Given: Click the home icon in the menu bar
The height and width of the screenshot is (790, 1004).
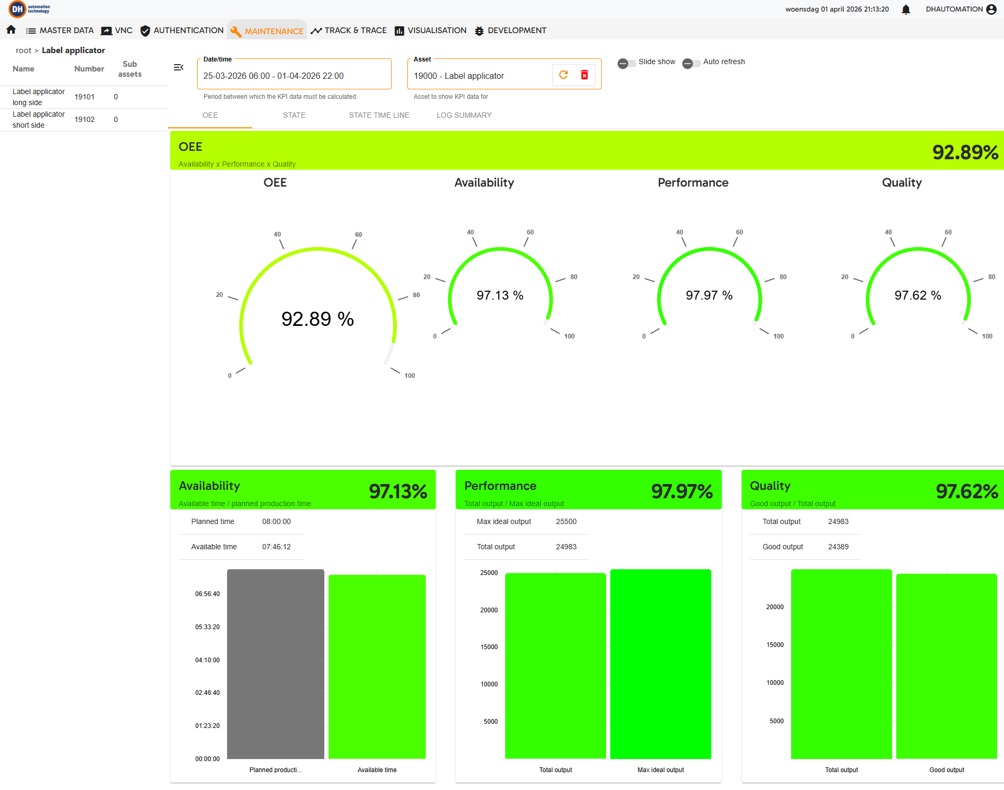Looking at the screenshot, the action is coord(11,30).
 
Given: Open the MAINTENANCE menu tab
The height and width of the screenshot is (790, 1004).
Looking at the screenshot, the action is coord(267,31).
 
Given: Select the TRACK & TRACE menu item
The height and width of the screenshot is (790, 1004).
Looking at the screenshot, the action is coord(349,30).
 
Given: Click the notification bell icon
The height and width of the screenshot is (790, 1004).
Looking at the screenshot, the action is coord(906,9).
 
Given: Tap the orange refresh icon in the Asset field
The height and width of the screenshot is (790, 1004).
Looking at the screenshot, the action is coord(564,75).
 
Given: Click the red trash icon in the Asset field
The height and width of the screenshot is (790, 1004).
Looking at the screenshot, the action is coord(585,75).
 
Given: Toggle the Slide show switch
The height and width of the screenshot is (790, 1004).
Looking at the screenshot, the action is coord(626,63).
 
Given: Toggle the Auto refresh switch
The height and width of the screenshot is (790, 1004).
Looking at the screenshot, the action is coord(691,63).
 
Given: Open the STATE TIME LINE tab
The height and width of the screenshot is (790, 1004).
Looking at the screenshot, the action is coord(379,115).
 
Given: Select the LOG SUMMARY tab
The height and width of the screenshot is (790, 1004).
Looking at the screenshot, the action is coord(464,115).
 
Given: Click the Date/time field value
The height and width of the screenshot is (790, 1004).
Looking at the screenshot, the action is coord(273,76).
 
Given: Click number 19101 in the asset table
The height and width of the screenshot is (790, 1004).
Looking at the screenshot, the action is coord(85,97).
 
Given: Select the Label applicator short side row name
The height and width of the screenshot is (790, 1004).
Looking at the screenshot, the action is coord(38,120).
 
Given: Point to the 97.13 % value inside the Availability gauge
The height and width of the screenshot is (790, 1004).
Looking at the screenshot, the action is coord(500,295).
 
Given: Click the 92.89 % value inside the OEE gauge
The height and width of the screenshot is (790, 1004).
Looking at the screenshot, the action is coord(317,319).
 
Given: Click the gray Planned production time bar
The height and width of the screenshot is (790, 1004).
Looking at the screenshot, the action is coord(275,664).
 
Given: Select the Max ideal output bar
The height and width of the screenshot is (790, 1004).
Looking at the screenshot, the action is coord(661,664).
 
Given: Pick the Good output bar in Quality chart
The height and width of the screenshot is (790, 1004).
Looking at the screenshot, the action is coord(947,666).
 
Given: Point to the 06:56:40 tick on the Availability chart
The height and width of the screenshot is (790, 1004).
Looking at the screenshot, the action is coord(208,594).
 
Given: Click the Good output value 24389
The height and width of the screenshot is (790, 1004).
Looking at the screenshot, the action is coord(838,547).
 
